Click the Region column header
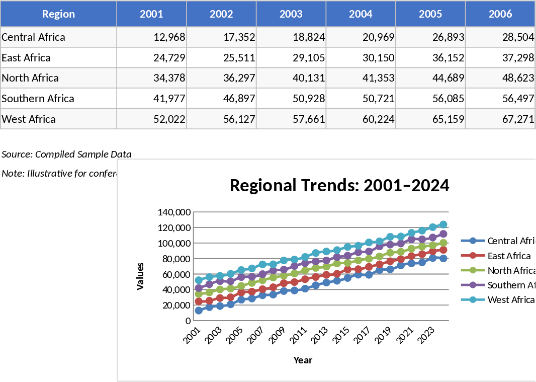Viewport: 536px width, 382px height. tap(58, 14)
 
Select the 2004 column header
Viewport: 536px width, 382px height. tap(361, 14)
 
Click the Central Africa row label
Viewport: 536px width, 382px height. tap(33, 37)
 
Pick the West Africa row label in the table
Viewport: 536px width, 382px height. tap(29, 119)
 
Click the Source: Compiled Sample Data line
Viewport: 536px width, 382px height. tap(66, 154)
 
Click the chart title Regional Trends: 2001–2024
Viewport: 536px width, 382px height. tap(339, 186)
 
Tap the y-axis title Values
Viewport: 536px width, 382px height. tap(140, 276)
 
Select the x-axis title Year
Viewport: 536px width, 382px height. tap(303, 360)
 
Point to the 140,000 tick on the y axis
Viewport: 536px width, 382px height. tap(174, 212)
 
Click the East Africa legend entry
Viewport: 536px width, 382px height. tap(509, 256)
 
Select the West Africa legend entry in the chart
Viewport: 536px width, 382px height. tap(510, 299)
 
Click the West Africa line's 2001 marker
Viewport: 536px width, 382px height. tap(199, 280)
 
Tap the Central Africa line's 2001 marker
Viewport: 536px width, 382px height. tap(199, 311)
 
